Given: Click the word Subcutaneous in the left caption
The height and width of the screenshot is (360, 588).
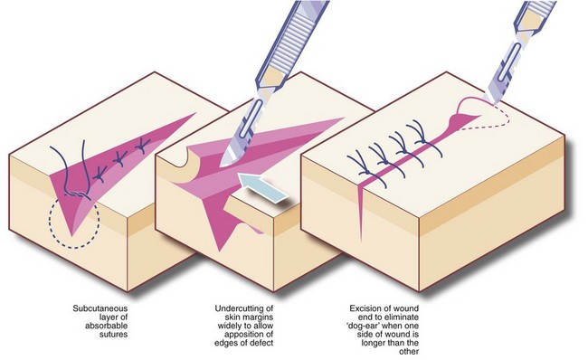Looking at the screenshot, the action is click(100, 308).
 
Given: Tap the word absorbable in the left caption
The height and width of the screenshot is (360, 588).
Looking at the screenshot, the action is click(106, 326).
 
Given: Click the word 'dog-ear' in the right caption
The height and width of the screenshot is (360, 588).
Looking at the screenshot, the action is click(363, 326).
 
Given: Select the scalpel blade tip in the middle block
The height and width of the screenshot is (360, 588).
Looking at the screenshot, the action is click(223, 164).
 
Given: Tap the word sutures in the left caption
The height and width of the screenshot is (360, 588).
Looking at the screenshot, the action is click(114, 334).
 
